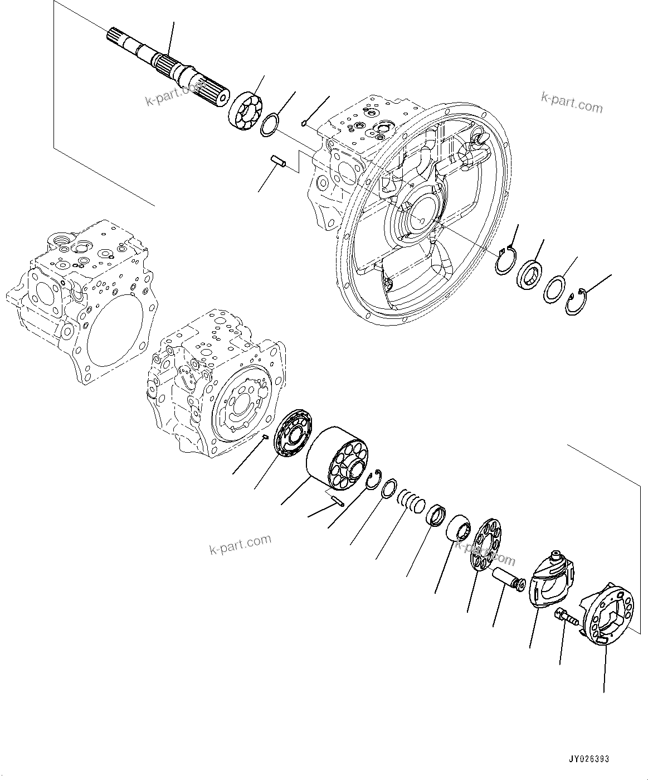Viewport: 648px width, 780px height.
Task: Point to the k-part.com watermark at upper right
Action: point(571,103)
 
